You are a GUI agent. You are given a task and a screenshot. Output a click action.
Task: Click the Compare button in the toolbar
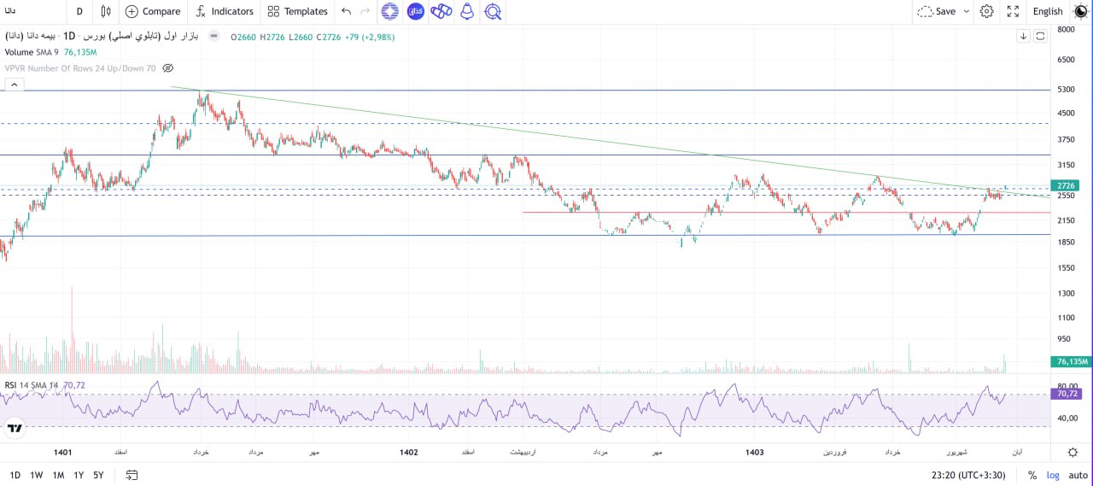tap(153, 11)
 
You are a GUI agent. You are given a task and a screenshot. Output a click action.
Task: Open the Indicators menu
tap(225, 11)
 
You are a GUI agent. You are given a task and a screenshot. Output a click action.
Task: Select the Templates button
tap(297, 11)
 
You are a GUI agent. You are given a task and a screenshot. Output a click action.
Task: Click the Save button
tap(944, 11)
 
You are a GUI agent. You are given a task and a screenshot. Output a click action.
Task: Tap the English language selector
tap(1047, 11)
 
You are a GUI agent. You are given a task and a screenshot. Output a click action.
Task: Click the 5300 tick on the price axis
tap(1066, 89)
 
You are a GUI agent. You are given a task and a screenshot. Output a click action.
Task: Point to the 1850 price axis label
tap(1066, 242)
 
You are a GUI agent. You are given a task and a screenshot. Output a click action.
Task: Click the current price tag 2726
tap(1066, 185)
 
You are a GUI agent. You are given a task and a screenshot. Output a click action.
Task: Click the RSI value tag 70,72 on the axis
tap(1067, 394)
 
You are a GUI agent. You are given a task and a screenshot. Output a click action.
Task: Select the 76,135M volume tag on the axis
tap(1072, 361)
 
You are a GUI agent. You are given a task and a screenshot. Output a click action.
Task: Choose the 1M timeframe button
tap(58, 475)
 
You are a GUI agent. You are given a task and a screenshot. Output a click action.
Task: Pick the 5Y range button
tap(98, 475)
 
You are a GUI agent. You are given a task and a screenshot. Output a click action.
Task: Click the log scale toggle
tap(1053, 475)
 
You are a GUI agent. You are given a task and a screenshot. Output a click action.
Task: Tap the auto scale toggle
tap(1078, 475)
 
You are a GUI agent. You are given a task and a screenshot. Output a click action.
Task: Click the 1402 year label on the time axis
tap(408, 452)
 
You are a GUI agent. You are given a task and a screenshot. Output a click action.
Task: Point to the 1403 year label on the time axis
tap(754, 452)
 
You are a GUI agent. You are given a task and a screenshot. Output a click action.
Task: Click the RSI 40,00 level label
tap(1067, 419)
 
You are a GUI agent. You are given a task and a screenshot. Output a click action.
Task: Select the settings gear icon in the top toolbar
tap(986, 11)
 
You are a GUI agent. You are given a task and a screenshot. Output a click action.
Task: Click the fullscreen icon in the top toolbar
tap(1013, 11)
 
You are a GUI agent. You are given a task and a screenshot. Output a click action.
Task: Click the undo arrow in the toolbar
tap(346, 11)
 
